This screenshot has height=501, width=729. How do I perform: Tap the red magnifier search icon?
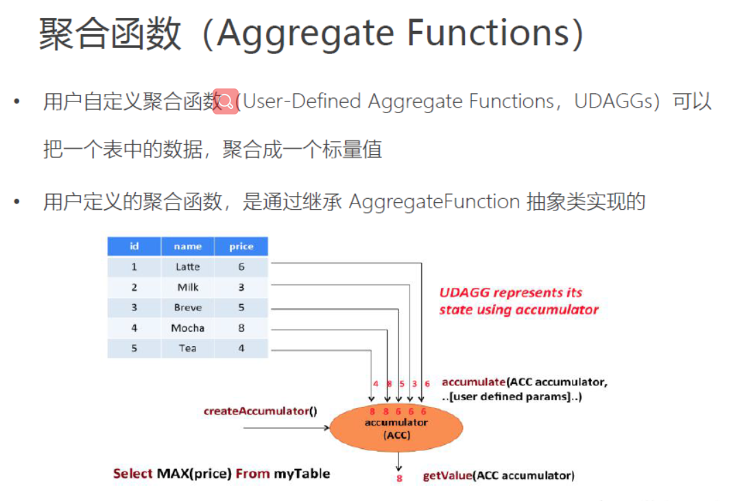point(225,101)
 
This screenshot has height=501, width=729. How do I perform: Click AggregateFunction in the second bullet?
point(434,201)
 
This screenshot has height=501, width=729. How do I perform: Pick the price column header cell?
point(241,246)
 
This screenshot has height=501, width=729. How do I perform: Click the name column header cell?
point(187,246)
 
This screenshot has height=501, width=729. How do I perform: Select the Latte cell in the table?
point(187,267)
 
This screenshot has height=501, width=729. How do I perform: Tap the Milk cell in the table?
point(187,287)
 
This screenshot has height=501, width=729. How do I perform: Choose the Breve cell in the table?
point(187,308)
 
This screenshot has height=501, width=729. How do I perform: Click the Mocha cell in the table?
point(187,328)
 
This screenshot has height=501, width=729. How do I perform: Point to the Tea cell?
point(187,348)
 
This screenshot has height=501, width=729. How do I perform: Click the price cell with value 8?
point(241,328)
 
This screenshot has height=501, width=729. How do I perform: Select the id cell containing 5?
point(134,348)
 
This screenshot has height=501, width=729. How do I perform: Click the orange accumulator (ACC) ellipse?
point(396,428)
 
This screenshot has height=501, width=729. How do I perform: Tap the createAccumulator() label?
point(261,411)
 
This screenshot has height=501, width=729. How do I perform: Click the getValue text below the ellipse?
point(447,475)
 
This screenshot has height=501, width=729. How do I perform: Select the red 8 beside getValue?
point(399,478)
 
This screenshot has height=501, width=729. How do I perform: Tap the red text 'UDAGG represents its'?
point(510,293)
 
